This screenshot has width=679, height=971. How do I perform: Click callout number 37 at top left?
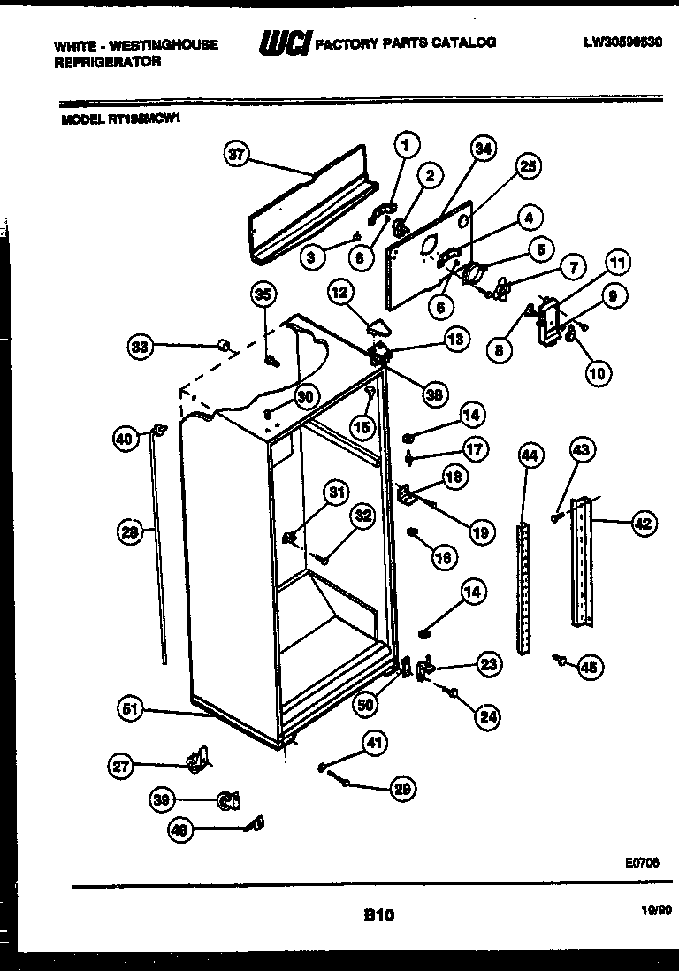[x=234, y=155]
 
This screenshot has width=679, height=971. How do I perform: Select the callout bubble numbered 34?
[x=482, y=149]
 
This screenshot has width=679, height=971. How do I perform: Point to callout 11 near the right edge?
[x=616, y=263]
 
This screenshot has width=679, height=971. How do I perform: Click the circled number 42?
[x=643, y=524]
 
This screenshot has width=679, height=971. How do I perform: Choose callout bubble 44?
[x=529, y=456]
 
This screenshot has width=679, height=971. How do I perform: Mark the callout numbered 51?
[x=130, y=707]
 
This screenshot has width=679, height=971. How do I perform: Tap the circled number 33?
[x=140, y=348]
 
